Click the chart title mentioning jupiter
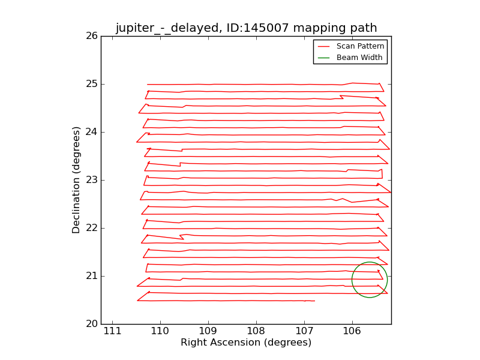coord(246,28)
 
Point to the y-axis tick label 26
coord(91,36)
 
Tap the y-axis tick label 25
coord(91,84)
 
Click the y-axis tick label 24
coord(91,132)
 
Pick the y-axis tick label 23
coord(91,180)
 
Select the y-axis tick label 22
coord(91,228)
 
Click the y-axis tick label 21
coord(91,276)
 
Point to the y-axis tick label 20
coord(91,324)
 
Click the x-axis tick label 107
coord(304,331)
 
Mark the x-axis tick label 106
coord(352,331)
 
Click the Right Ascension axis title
coord(246,343)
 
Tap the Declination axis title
coord(76,180)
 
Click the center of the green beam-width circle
coord(370,280)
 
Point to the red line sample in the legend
coord(324,46)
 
